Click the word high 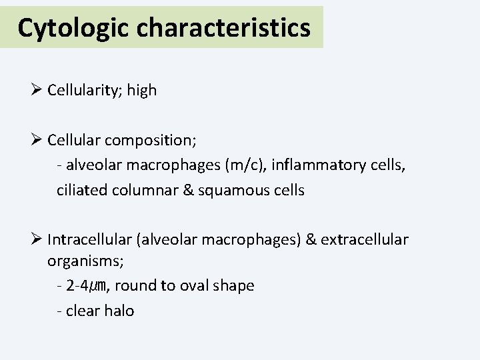click(141, 90)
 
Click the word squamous click(229, 190)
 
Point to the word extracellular click(365, 239)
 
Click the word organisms click(77, 261)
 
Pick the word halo click(119, 310)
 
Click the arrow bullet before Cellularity click(37, 90)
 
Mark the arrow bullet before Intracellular click(37, 239)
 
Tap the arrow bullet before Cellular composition click(37, 141)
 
